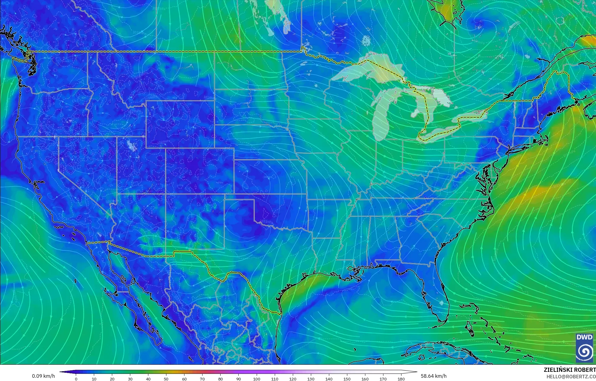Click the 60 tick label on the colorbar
click(x=184, y=379)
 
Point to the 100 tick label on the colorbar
click(x=256, y=379)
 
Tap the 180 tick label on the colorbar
click(x=401, y=379)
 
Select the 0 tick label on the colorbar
click(x=76, y=379)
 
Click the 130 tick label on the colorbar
click(x=311, y=379)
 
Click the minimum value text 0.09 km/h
click(x=44, y=376)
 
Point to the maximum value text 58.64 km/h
click(x=433, y=376)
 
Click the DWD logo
click(x=584, y=348)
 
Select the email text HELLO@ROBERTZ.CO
click(x=571, y=377)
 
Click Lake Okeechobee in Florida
click(x=441, y=303)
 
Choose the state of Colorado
click(x=200, y=171)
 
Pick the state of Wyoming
click(x=180, y=124)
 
